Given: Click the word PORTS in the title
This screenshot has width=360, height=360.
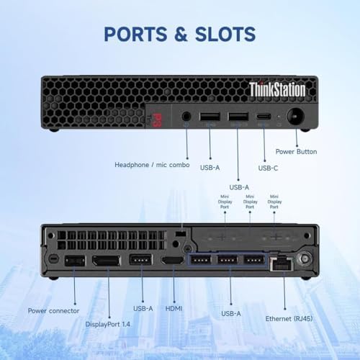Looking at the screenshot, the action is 135,34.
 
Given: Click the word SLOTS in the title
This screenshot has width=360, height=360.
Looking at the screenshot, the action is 225,34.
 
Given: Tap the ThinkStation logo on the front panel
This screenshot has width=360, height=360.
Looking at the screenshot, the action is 277,89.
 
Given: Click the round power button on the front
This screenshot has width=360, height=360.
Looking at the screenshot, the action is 295,117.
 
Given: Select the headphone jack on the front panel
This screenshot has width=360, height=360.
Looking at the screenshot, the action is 186,117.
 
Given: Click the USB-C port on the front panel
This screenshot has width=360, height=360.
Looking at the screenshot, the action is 264,117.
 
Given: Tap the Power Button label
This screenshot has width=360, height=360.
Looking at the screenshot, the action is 296,152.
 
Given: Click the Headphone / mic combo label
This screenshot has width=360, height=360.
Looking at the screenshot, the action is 152,165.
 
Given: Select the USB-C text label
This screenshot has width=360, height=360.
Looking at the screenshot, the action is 268,168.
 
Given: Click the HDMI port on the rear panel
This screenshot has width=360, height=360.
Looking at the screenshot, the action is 172,261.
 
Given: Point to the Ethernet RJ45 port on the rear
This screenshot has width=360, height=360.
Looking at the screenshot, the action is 282,264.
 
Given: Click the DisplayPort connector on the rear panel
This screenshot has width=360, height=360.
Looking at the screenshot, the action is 107,261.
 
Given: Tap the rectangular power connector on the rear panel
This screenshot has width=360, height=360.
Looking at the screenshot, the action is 75,261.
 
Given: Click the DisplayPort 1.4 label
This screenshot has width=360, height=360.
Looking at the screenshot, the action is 108,324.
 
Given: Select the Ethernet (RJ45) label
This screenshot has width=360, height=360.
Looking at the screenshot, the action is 289,319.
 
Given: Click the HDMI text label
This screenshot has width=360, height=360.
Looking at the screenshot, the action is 174,309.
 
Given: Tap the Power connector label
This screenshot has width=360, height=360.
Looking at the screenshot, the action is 53,311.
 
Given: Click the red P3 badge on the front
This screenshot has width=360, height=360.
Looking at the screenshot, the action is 157,117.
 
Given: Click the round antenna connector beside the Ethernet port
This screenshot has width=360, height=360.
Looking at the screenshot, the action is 305,259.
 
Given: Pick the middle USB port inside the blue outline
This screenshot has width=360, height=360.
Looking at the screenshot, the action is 228,260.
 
